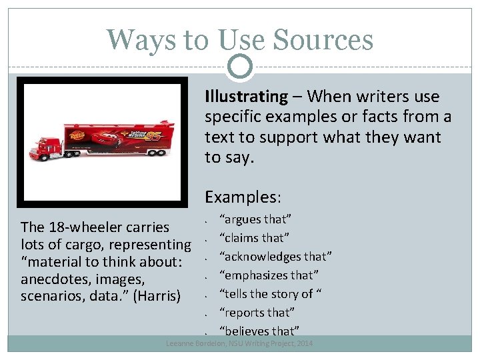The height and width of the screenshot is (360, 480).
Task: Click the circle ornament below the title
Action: tap(240, 65)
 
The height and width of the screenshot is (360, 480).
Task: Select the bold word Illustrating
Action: tap(246, 97)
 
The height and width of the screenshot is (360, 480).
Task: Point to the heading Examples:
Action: tap(243, 197)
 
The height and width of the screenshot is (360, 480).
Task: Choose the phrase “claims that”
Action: tap(255, 238)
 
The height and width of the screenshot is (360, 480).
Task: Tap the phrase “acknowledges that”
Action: tap(276, 257)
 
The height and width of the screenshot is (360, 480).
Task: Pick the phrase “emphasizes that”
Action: tap(269, 275)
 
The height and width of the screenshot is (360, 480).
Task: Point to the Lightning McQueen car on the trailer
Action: tap(103, 139)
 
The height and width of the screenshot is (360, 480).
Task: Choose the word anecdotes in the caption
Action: tap(53, 279)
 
